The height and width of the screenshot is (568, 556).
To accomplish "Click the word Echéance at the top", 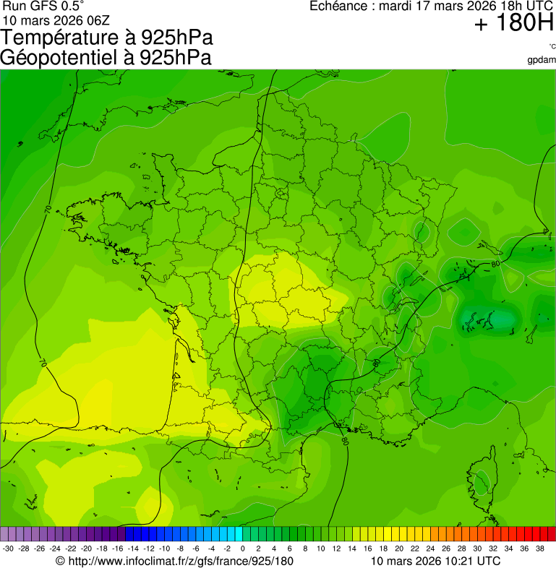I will click(337, 7).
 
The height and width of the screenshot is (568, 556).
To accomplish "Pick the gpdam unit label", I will click(542, 60).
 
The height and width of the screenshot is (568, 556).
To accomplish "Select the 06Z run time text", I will click(95, 19).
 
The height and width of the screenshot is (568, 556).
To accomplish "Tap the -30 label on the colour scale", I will click(8, 548).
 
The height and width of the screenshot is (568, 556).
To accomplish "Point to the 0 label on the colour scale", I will click(242, 548).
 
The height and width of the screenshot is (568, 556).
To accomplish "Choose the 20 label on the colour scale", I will click(398, 548).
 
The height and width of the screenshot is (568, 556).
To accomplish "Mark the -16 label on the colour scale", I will click(118, 548).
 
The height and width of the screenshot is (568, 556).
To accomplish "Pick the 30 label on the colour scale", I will click(477, 548).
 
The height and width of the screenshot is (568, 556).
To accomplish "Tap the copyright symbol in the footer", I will click(61, 561).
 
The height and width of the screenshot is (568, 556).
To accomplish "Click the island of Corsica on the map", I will click(483, 477).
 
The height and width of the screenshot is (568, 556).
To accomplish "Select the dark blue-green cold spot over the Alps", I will click(486, 317).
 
